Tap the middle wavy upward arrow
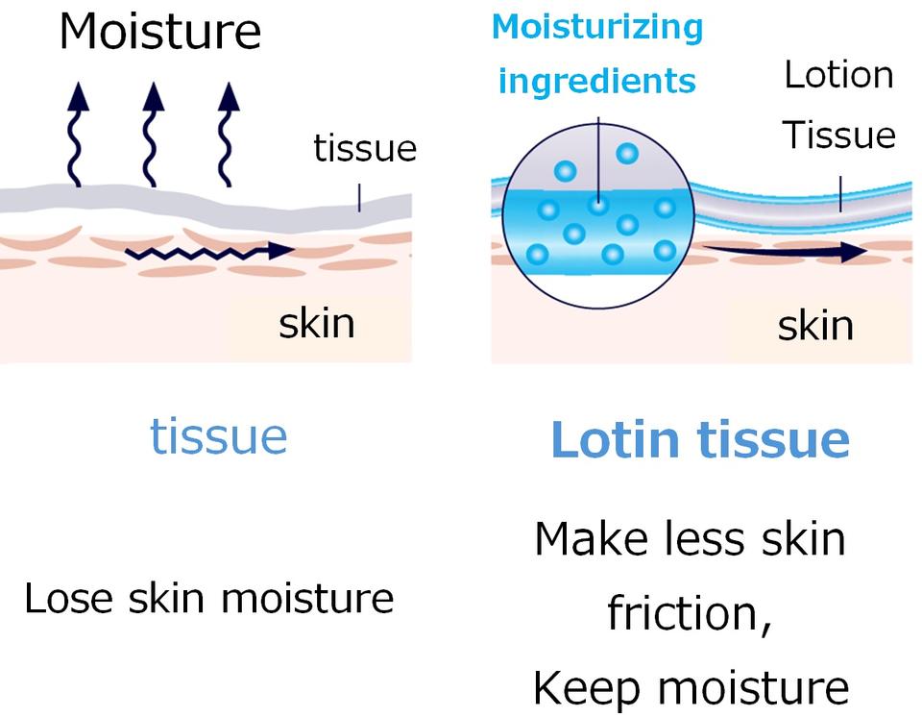coord(153,135)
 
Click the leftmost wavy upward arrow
coord(77,135)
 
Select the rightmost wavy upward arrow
coord(228,135)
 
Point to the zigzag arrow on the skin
coord(209,252)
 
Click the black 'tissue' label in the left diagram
coord(365,148)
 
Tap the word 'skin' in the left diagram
coord(317,323)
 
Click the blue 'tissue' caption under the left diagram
coord(219,436)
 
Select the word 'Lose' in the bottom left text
coord(68,598)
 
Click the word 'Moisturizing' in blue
coord(597,28)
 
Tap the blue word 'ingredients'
coord(596,82)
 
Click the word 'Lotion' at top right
coord(839,75)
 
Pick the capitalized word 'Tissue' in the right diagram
coord(838,136)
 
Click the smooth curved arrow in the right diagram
coord(785,252)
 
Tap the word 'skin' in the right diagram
coord(815,326)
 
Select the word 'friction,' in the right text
coord(689,613)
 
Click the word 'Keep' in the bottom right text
coord(586,688)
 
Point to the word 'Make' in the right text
coord(592,538)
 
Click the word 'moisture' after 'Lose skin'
coord(307,598)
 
